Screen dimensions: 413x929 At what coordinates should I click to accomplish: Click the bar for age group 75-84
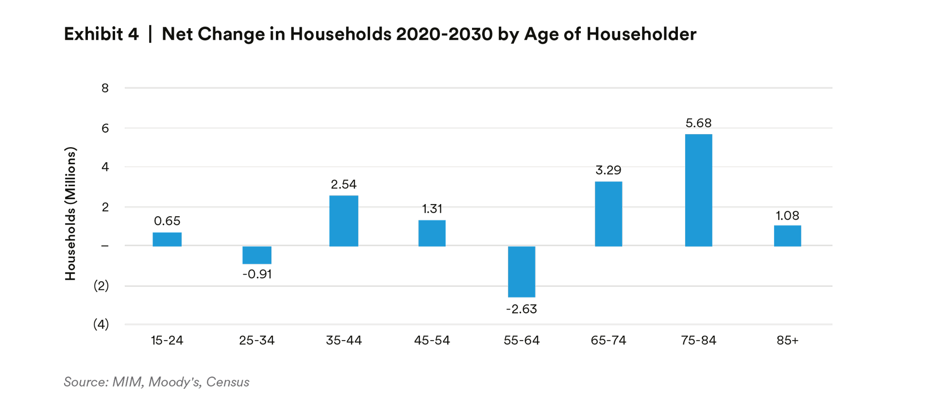tap(698, 190)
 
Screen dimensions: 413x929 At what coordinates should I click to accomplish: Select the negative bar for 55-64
tap(522, 272)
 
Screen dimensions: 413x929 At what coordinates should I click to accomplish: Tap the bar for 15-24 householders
tap(167, 239)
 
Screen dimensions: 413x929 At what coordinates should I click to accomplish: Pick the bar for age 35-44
tap(344, 221)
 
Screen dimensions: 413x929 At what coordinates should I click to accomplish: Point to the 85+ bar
tap(787, 236)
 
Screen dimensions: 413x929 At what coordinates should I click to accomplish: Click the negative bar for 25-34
tap(257, 255)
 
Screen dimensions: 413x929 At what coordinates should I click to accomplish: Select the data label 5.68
tap(698, 123)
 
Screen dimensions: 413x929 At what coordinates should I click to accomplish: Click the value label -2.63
tap(522, 309)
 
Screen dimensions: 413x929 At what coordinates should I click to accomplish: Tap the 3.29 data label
tap(608, 170)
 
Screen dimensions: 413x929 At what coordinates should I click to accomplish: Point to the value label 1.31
tap(432, 209)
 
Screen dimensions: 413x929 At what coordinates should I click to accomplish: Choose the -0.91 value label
tap(257, 274)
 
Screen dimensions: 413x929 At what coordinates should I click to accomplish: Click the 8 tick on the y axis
tap(105, 88)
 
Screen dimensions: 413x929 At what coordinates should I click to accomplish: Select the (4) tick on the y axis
tap(101, 324)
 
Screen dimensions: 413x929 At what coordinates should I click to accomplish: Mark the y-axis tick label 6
tap(105, 128)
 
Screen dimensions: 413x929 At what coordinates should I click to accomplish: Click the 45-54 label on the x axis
tap(432, 340)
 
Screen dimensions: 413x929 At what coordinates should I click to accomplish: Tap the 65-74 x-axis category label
tap(608, 340)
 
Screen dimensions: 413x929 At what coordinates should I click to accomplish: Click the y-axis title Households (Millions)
tap(70, 213)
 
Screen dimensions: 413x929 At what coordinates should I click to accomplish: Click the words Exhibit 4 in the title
tap(101, 34)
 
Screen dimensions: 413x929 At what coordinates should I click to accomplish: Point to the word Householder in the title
tap(641, 34)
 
